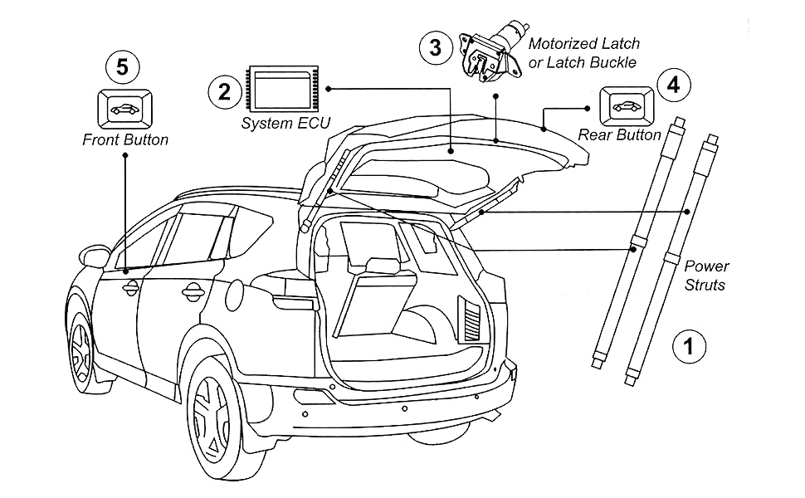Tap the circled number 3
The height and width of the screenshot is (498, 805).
pyautogui.click(x=436, y=47)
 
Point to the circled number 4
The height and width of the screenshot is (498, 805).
pyautogui.click(x=673, y=84)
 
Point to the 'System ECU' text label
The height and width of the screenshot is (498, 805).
pyautogui.click(x=285, y=124)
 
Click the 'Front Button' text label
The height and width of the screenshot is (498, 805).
pyautogui.click(x=125, y=139)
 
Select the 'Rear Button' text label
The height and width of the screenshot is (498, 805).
pyautogui.click(x=619, y=134)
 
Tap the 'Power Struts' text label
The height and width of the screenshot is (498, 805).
pyautogui.click(x=706, y=276)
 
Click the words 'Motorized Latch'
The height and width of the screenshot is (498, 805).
pyautogui.click(x=584, y=44)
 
